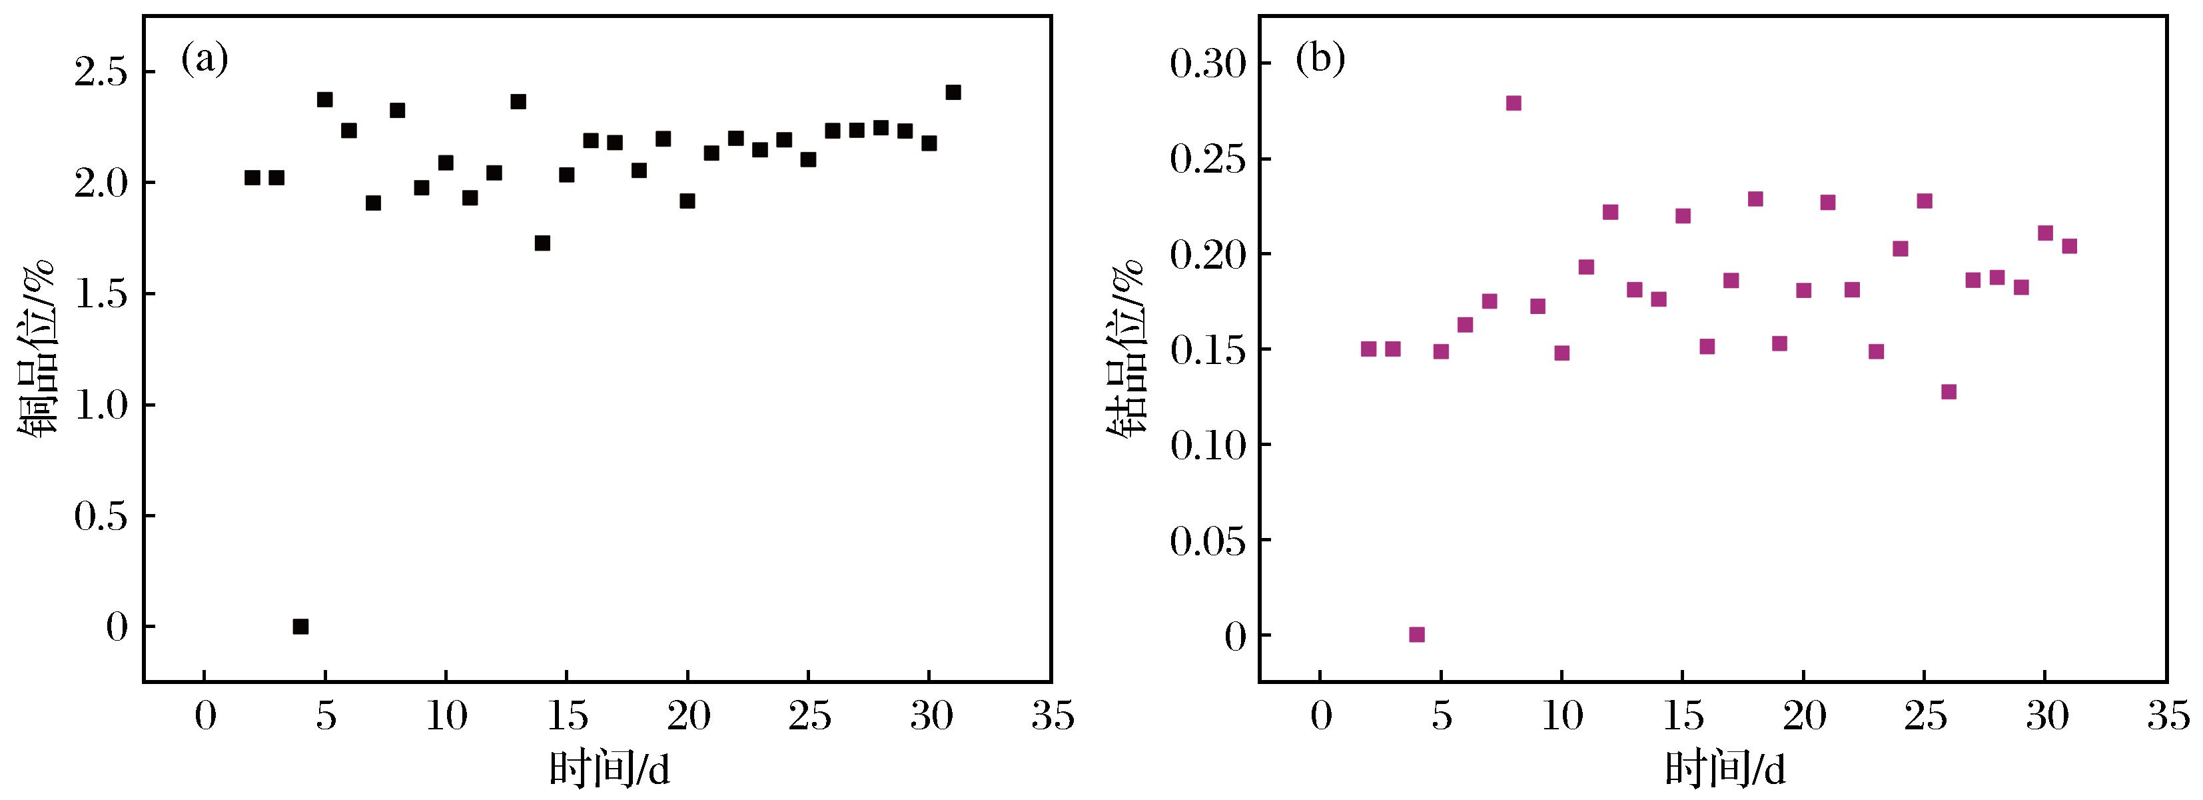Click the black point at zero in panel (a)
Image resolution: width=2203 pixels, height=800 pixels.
coord(300,626)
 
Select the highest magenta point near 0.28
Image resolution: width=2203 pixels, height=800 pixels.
coord(1513,103)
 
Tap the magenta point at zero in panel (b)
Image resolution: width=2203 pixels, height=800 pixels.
coord(1416,634)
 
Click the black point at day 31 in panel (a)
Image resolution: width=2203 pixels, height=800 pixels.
coord(953,93)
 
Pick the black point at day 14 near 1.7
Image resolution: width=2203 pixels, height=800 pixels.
coord(542,243)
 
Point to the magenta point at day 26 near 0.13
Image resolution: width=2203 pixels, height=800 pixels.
coord(1948,392)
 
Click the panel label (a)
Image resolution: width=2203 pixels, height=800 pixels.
coord(205,61)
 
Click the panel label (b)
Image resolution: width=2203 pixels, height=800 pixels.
coord(1320,61)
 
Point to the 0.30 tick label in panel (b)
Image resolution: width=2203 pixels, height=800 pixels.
coord(1208,64)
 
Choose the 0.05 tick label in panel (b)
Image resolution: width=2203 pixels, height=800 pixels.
coord(1208,541)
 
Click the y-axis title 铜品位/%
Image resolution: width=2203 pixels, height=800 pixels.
coord(36,347)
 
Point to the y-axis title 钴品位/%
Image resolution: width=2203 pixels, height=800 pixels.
coord(1127,347)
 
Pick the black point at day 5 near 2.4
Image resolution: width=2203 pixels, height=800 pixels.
coord(324,100)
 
